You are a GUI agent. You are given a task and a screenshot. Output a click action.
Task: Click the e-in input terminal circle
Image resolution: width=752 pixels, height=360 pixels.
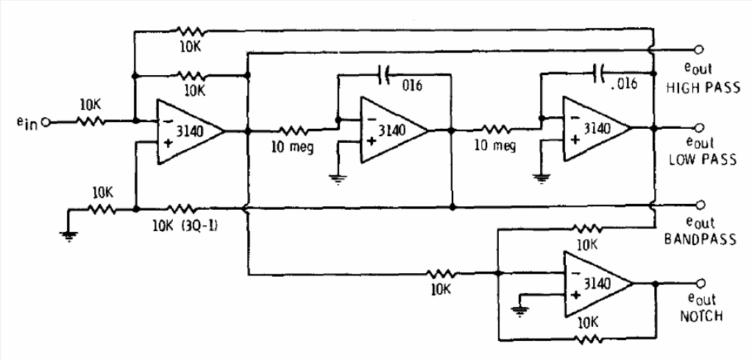[x=46, y=122]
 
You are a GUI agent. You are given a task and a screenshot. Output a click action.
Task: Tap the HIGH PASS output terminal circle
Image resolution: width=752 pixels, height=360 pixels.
[x=699, y=50]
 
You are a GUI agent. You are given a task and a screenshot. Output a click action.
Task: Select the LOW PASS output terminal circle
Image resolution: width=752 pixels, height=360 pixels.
[x=699, y=127]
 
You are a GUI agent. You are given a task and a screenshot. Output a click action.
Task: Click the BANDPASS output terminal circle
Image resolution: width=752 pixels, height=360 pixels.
[x=699, y=205]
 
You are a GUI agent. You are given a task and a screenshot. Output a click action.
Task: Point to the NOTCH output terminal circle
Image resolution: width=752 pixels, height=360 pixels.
[x=699, y=283]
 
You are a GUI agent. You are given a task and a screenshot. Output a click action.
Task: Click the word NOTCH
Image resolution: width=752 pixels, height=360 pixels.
[x=700, y=316]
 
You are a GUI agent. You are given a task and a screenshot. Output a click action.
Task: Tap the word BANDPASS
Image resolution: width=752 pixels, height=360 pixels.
[x=700, y=239]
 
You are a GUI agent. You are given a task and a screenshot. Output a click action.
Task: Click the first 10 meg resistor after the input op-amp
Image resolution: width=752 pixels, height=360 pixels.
[x=292, y=130]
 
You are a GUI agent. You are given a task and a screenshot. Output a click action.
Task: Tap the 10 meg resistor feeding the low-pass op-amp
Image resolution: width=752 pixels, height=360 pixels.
[x=495, y=129]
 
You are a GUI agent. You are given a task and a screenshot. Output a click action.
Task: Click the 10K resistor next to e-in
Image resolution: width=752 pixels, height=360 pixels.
[x=91, y=122]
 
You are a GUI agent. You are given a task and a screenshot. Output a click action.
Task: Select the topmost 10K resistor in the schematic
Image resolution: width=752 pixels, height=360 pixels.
[x=191, y=32]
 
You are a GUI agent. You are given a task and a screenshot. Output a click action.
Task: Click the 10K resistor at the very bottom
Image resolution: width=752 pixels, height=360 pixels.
[x=588, y=340]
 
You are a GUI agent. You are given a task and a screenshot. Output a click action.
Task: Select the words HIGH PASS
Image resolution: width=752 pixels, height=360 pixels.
[x=703, y=88]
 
